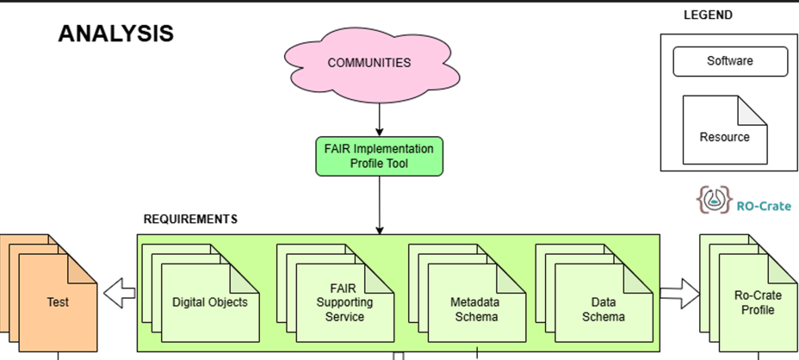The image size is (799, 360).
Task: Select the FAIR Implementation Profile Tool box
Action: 379,156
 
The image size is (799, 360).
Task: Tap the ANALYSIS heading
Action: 115,34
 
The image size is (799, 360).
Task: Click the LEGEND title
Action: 708,16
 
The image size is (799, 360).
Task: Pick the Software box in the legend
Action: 730,61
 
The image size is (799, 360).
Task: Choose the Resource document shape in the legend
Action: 725,130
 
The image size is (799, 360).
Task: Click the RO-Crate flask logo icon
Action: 715,199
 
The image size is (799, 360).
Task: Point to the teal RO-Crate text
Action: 764,206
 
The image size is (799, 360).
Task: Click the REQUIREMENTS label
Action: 190,220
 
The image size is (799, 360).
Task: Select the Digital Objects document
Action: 210,302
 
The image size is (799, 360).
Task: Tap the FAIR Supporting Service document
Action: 344,302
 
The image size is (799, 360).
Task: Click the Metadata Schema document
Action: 476,302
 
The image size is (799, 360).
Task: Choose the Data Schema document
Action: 604,302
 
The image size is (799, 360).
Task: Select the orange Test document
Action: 58,302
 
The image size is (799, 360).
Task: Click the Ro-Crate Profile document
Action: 758,302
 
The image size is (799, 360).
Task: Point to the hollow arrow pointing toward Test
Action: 120,293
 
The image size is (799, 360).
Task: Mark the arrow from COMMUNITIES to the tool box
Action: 379,120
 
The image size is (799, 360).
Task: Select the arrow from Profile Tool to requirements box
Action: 379,206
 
